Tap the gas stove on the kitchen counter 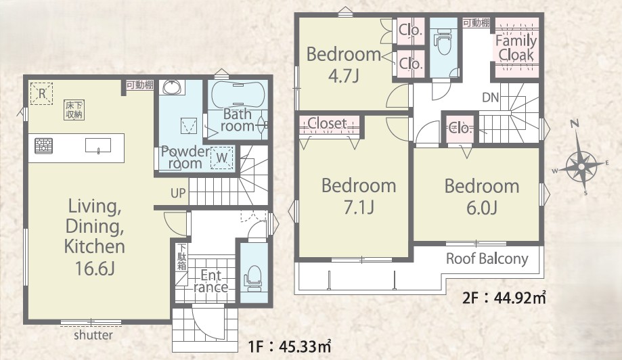43,146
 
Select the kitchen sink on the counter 98,145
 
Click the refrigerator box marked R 42,93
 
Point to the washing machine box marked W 222,158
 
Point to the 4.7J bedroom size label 344,76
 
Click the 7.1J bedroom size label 359,207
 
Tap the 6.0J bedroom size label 482,208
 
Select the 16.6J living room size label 95,269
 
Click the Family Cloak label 516,48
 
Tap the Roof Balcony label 487,259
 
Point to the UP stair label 178,193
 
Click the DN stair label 491,97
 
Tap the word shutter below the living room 93,335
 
